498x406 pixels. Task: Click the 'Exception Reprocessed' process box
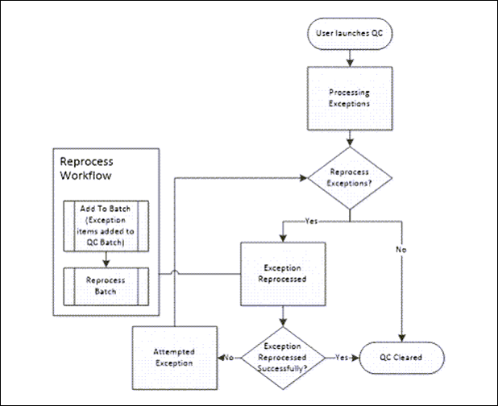(281, 274)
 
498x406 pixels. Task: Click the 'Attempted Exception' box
(173, 357)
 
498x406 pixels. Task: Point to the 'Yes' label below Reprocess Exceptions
(310, 220)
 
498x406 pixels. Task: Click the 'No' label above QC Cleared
(400, 250)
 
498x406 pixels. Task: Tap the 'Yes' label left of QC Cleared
(341, 356)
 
